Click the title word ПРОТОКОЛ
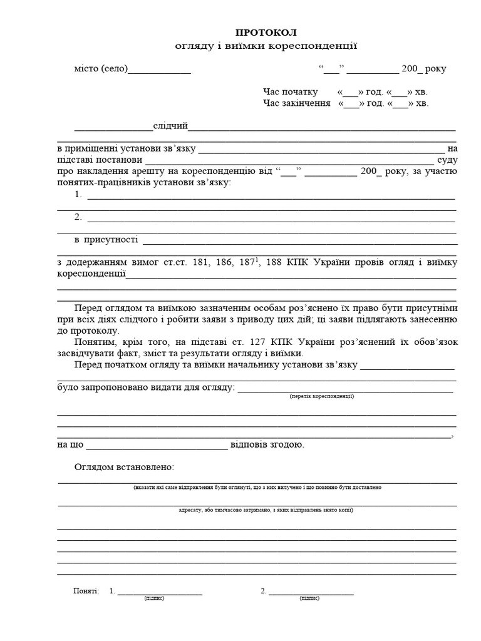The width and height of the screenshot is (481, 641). click(266, 33)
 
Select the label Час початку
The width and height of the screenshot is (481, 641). click(291, 92)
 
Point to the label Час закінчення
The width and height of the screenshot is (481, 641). click(296, 103)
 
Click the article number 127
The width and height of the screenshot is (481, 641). click(282, 342)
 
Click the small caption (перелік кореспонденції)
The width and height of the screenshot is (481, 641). click(322, 397)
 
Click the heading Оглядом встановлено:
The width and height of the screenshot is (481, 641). click(124, 468)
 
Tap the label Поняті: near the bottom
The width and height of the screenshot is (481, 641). click(86, 590)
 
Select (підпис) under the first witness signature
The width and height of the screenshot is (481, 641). click(154, 598)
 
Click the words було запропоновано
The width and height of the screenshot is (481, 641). click(95, 388)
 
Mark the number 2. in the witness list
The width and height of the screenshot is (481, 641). click(78, 217)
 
